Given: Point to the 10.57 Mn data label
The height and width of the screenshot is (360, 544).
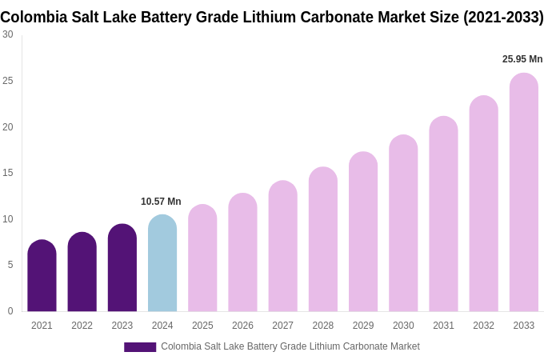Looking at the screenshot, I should point(161,202).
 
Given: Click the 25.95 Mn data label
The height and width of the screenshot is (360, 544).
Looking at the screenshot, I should point(522,59).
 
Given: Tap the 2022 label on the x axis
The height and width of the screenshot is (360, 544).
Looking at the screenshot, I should point(82,326).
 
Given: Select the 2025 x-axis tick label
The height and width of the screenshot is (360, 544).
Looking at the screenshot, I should point(202,326).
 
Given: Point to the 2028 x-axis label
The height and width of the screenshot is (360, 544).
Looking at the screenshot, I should point(323,326).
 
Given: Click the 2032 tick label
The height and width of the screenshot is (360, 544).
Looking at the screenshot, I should point(483,326).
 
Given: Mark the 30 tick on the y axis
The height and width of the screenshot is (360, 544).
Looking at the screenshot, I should point(8,34).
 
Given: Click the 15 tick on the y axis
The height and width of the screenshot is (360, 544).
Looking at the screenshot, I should point(8,173).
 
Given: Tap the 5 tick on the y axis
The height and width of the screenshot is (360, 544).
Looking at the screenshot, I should point(10,265).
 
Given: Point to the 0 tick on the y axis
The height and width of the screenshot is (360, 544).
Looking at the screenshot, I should point(10,311).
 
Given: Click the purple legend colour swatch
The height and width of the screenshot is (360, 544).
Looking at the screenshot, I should point(140,347).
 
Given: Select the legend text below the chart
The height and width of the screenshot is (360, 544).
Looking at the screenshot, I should point(290,346).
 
